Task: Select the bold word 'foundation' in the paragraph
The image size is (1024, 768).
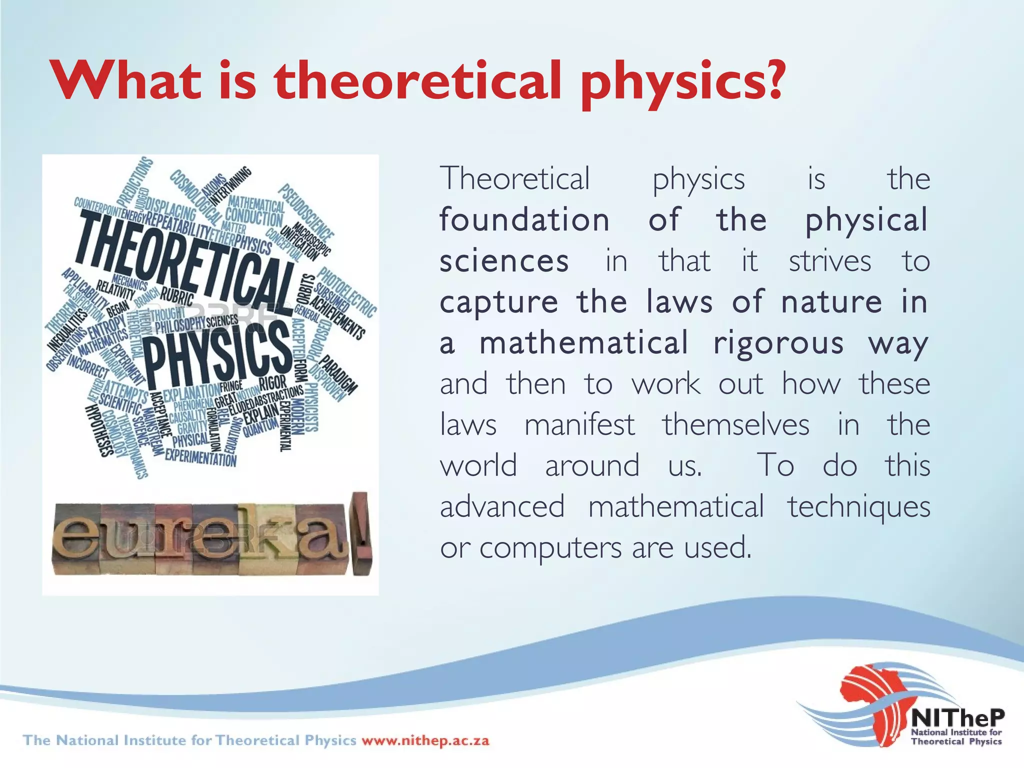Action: pyautogui.click(x=524, y=220)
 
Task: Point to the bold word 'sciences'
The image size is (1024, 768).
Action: pyautogui.click(x=504, y=261)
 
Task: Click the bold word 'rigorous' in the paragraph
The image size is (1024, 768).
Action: pyautogui.click(x=778, y=343)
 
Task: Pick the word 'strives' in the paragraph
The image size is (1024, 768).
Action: pyautogui.click(x=830, y=261)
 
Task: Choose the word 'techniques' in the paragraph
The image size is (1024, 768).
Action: pyautogui.click(x=859, y=506)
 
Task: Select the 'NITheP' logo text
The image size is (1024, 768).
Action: pyautogui.click(x=957, y=718)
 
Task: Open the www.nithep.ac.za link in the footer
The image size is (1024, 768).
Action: pyautogui.click(x=425, y=740)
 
